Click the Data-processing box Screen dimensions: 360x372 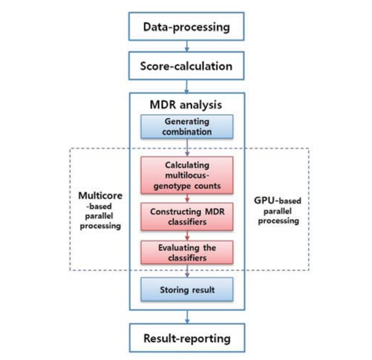186,27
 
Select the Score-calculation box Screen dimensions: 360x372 186,66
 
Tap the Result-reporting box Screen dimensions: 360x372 186,338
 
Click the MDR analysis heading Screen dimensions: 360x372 186,104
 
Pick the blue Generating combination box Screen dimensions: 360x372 187,126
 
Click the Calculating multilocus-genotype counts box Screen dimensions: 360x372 187,175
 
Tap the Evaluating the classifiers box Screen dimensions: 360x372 187,253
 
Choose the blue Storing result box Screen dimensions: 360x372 187,289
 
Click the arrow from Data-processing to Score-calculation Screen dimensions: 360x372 186,46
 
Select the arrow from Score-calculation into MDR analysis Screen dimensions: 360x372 186,85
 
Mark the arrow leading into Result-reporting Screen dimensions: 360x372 186,317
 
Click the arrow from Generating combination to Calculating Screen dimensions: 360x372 187,147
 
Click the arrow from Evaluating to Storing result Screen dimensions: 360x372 187,270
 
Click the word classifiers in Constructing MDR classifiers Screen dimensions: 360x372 186,222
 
